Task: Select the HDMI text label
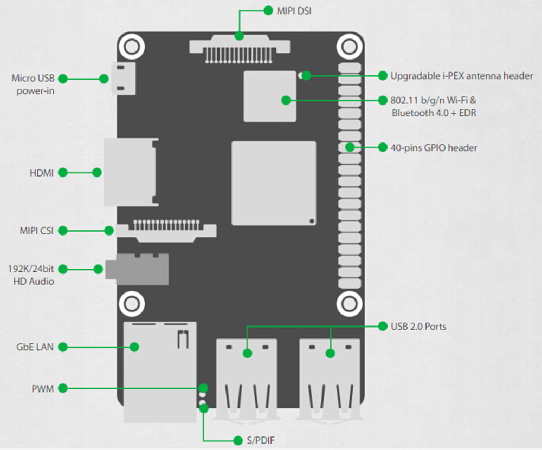point(42,173)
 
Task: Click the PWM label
point(43,388)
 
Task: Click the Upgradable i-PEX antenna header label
point(461,76)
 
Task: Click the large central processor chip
point(274,183)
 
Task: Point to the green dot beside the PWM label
point(62,388)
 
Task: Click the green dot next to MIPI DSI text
point(268,10)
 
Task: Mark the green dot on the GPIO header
point(350,147)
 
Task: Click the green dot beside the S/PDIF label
point(237,440)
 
